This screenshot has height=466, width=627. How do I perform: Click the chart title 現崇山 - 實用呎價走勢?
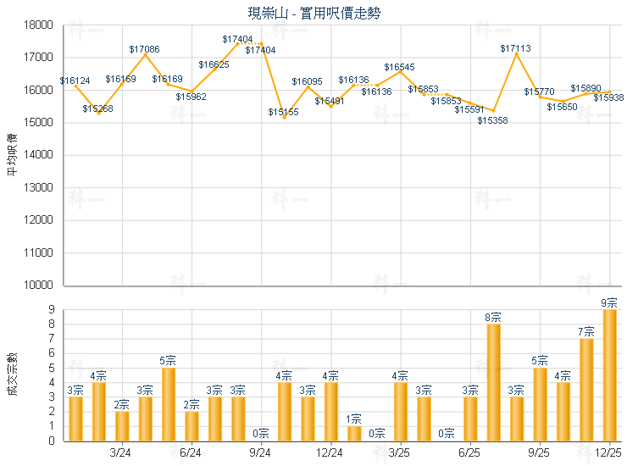(313, 13)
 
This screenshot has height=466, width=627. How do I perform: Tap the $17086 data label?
(145, 50)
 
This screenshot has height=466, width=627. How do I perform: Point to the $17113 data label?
(516, 49)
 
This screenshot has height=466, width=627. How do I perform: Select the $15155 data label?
(284, 112)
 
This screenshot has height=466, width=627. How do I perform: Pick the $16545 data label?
(400, 67)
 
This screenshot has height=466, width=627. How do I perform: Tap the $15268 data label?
(98, 108)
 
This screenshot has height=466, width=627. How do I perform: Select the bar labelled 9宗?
(609, 374)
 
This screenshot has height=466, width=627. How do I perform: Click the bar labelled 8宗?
(493, 382)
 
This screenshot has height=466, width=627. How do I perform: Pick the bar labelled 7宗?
(586, 390)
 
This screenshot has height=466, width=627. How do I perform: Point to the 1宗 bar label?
(354, 419)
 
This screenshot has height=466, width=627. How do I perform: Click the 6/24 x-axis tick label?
(191, 453)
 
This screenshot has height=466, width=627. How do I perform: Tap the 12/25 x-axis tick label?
(609, 453)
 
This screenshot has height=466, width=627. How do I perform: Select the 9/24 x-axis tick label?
(261, 453)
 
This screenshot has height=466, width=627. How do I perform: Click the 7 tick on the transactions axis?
(52, 339)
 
